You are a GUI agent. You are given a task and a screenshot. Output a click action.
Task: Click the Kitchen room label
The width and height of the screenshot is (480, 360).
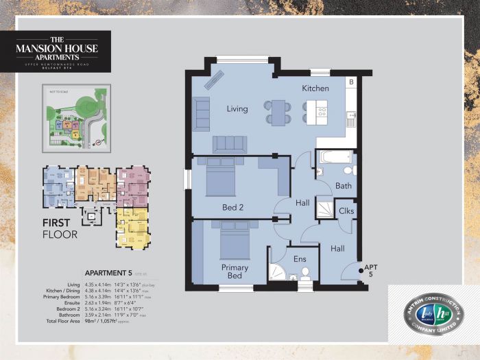pyautogui.click(x=315, y=88)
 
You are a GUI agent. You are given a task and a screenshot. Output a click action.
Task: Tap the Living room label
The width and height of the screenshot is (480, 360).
pyautogui.click(x=237, y=108)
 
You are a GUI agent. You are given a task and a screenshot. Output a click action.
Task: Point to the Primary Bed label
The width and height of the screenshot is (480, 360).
pyautogui.click(x=235, y=272)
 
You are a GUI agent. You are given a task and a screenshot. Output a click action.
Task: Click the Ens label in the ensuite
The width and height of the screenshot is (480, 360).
pyautogui.click(x=299, y=259)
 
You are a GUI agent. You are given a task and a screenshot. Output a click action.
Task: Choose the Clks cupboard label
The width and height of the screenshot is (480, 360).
pyautogui.click(x=346, y=211)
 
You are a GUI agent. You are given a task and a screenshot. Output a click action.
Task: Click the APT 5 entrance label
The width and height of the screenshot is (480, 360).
pyautogui.click(x=371, y=271)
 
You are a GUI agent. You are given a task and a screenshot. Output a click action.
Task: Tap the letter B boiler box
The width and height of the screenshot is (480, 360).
pyautogui.click(x=351, y=83)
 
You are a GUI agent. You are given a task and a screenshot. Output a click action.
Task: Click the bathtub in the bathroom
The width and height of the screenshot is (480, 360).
pyautogui.click(x=335, y=157)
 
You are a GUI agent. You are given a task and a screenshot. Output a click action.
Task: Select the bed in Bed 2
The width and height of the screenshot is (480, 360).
pyautogui.click(x=220, y=178)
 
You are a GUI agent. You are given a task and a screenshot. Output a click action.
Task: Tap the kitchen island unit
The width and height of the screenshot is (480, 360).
pyautogui.click(x=316, y=112)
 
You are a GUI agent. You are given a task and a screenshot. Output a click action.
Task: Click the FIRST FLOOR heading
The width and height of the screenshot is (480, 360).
pyautogui.click(x=60, y=228)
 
